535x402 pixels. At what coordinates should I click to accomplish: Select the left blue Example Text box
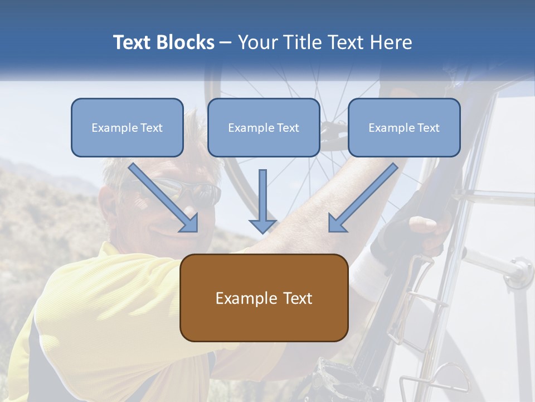point(127,128)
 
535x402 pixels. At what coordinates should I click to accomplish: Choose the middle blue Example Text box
point(264,128)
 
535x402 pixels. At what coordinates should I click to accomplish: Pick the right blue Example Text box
point(404,128)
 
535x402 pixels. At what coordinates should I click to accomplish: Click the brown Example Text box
point(264,298)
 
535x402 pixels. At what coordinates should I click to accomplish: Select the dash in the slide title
point(226,43)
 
